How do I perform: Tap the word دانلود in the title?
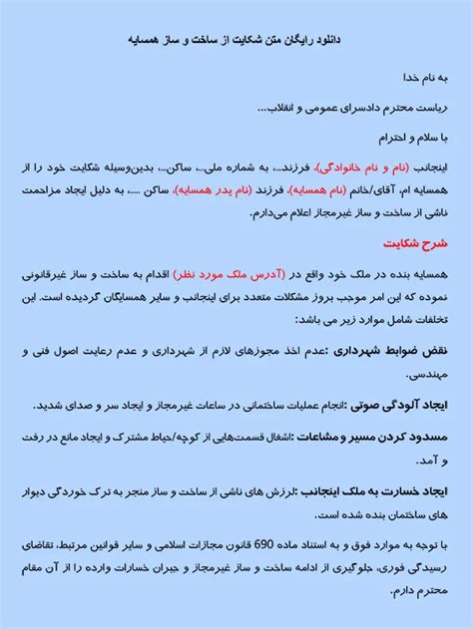coord(317,41)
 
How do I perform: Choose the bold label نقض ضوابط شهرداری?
coord(390,351)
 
